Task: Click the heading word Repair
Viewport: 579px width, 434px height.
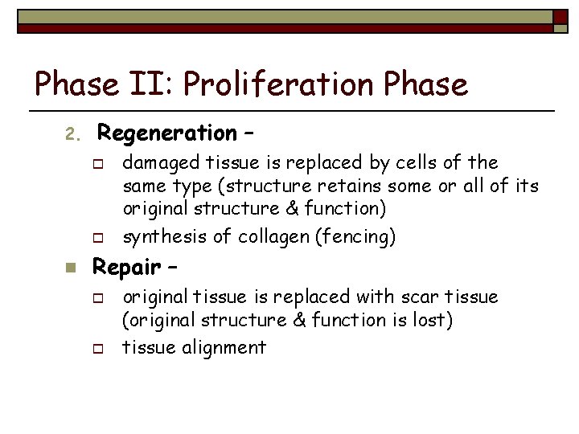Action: [128, 266]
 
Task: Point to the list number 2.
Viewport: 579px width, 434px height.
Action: [70, 133]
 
